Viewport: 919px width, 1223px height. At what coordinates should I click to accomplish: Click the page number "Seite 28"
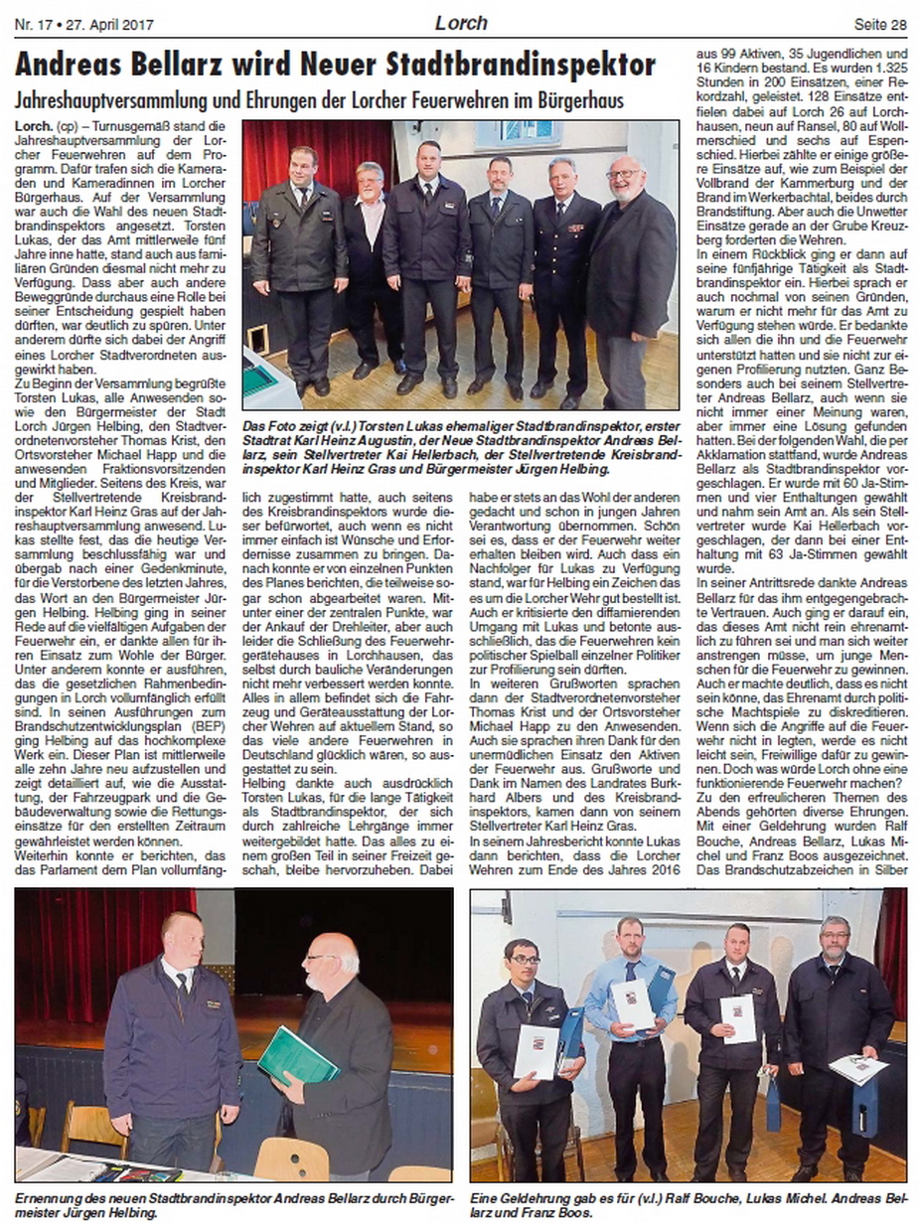pos(879,23)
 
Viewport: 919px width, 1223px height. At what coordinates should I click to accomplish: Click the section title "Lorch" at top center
pos(461,22)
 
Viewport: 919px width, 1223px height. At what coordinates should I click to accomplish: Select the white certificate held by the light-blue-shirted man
pos(633,1003)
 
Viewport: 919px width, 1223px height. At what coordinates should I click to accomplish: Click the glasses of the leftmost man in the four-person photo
pos(524,960)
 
